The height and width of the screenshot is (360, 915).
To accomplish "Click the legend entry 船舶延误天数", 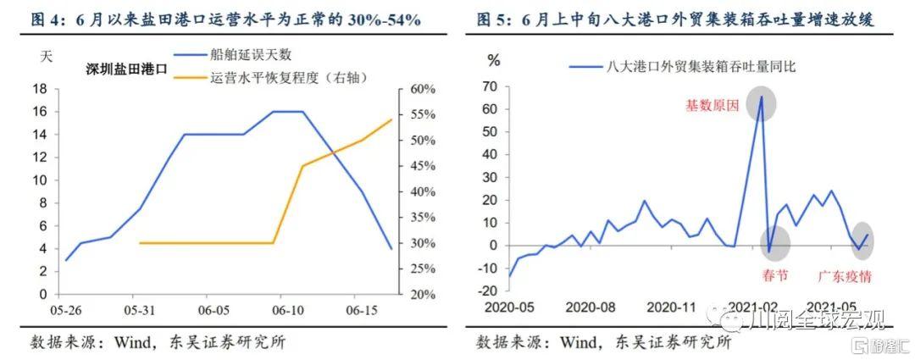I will (250, 55).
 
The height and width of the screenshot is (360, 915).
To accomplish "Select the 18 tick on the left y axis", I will (38, 89).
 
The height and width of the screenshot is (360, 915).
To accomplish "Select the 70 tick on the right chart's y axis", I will (488, 86).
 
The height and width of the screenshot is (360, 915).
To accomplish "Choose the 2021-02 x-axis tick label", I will (752, 306).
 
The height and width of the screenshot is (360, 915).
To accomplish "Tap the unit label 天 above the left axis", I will (47, 58).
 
